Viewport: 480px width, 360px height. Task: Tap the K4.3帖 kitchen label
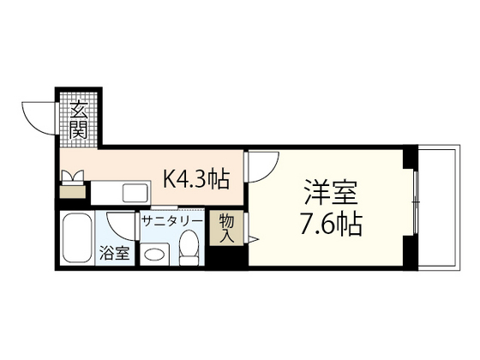(x=196, y=179)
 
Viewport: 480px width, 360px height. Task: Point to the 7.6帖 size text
(x=331, y=225)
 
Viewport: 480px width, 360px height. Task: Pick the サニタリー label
(x=172, y=220)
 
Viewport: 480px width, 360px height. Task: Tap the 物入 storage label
(x=227, y=227)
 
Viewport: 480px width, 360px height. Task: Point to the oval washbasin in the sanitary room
(x=156, y=254)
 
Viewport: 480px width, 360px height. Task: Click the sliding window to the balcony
(x=416, y=206)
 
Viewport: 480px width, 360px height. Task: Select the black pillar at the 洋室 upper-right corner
(x=411, y=157)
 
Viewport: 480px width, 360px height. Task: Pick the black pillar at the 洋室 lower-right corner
(x=411, y=256)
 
